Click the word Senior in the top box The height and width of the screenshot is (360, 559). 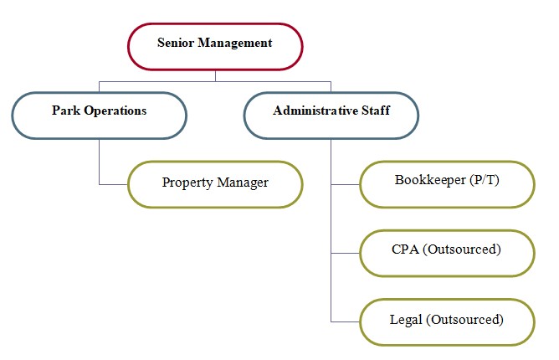(176, 43)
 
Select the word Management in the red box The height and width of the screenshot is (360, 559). (235, 44)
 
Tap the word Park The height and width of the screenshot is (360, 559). (66, 111)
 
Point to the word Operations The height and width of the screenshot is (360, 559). (115, 111)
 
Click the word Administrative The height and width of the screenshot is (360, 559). (315, 111)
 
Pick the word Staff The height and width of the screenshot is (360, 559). (376, 111)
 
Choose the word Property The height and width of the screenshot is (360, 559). (187, 183)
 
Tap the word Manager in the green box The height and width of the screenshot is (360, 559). (243, 183)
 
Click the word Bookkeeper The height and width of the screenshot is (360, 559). (430, 179)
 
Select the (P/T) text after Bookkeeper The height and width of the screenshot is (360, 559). (485, 180)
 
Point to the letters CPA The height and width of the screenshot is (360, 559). (405, 249)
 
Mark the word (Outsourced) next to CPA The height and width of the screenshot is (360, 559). (462, 249)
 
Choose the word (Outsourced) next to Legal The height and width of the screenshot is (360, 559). (464, 320)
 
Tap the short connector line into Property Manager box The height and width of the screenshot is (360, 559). (113, 184)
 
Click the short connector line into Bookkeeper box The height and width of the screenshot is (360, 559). (345, 184)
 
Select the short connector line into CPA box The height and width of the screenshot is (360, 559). (345, 254)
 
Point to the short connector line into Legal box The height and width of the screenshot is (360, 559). (345, 321)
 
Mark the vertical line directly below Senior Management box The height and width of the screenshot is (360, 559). (215, 75)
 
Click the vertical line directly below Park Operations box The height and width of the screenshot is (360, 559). (99, 162)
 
